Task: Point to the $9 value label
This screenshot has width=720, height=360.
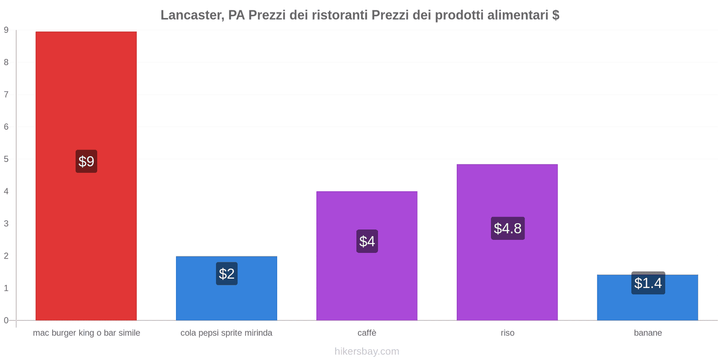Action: pyautogui.click(x=86, y=161)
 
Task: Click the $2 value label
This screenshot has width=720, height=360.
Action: pyautogui.click(x=227, y=274)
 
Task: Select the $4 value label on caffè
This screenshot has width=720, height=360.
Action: pyautogui.click(x=367, y=241)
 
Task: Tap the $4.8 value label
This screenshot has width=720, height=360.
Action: pyautogui.click(x=508, y=228)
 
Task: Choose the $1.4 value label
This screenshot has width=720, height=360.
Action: pyautogui.click(x=648, y=283)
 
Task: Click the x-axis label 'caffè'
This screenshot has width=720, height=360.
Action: pyautogui.click(x=367, y=333)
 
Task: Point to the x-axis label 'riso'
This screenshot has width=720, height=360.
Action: pyautogui.click(x=508, y=333)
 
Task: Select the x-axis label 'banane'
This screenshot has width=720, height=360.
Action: pyautogui.click(x=648, y=333)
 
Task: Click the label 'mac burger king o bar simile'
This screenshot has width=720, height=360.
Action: pyautogui.click(x=86, y=333)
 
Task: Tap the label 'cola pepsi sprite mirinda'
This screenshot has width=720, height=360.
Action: pyautogui.click(x=226, y=333)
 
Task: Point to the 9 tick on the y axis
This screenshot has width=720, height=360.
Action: pyautogui.click(x=6, y=30)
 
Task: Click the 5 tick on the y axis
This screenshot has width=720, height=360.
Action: pyautogui.click(x=6, y=159)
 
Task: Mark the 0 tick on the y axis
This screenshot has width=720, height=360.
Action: pyautogui.click(x=6, y=320)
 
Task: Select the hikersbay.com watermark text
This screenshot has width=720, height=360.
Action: pyautogui.click(x=367, y=351)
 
